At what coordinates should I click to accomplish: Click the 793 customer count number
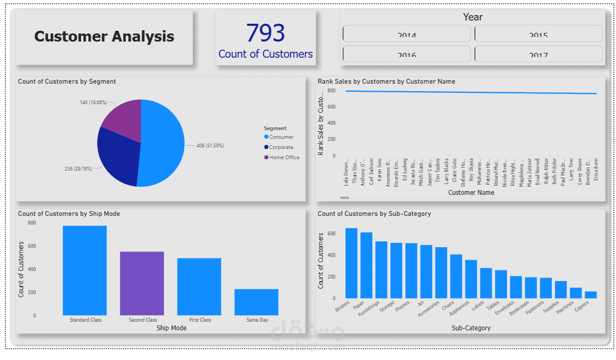266,33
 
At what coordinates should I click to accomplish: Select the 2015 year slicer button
538,33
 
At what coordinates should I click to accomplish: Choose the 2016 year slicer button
407,53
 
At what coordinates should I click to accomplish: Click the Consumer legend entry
281,137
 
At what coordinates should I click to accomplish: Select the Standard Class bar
85,270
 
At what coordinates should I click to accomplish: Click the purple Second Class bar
142,283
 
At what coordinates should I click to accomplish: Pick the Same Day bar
256,302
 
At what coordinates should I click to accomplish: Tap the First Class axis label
200,320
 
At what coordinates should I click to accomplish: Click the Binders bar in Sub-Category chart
351,263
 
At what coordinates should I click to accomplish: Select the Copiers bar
591,295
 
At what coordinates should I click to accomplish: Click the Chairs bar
456,276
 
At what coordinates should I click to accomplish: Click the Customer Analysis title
104,37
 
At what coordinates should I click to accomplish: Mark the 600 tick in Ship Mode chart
32,246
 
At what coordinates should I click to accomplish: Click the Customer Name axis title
471,193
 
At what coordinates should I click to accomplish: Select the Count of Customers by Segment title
67,81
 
